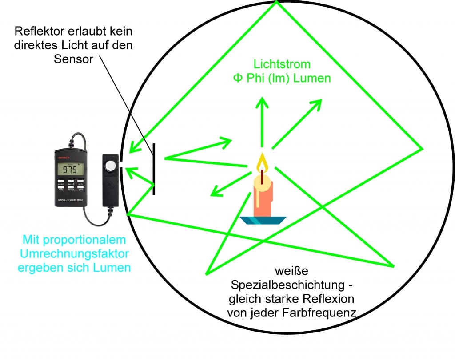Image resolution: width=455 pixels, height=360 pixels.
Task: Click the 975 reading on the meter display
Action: click(x=70, y=170)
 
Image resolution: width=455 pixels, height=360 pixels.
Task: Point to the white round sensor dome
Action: click(x=111, y=166)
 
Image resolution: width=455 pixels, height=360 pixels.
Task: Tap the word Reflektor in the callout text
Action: click(x=39, y=32)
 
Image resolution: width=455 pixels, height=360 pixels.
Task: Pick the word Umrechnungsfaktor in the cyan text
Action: click(x=77, y=254)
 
